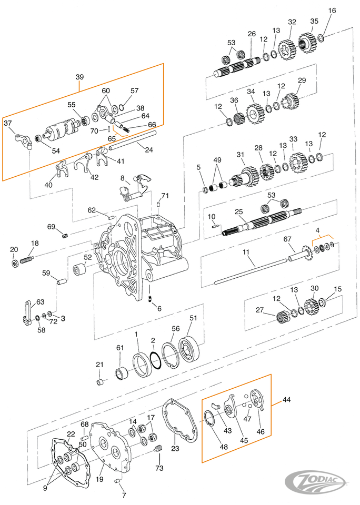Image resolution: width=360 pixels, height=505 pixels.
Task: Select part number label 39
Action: (79, 77)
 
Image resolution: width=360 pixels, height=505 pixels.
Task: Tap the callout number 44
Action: (286, 400)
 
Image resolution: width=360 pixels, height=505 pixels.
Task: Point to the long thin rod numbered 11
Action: (253, 270)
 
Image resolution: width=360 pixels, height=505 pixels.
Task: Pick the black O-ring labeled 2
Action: (155, 361)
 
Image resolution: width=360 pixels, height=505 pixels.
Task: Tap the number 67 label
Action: (287, 239)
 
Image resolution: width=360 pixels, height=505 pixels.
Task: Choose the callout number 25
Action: (239, 212)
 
